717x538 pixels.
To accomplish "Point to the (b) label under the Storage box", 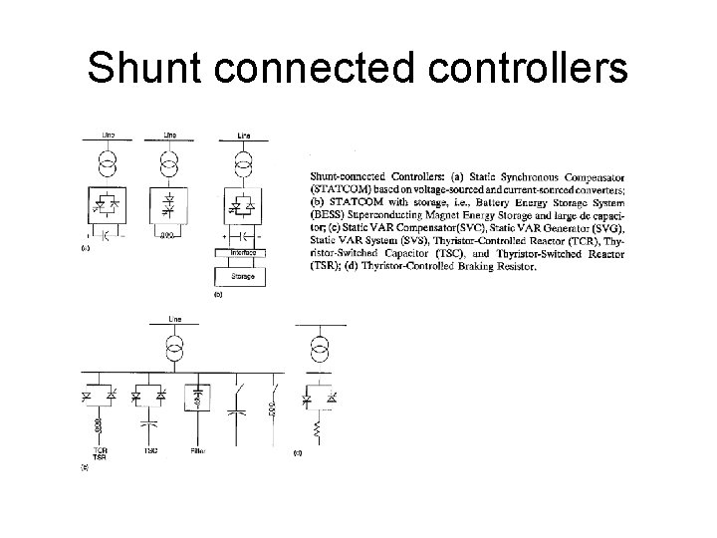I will click(x=218, y=295).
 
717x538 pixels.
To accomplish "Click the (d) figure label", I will click(x=297, y=453).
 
